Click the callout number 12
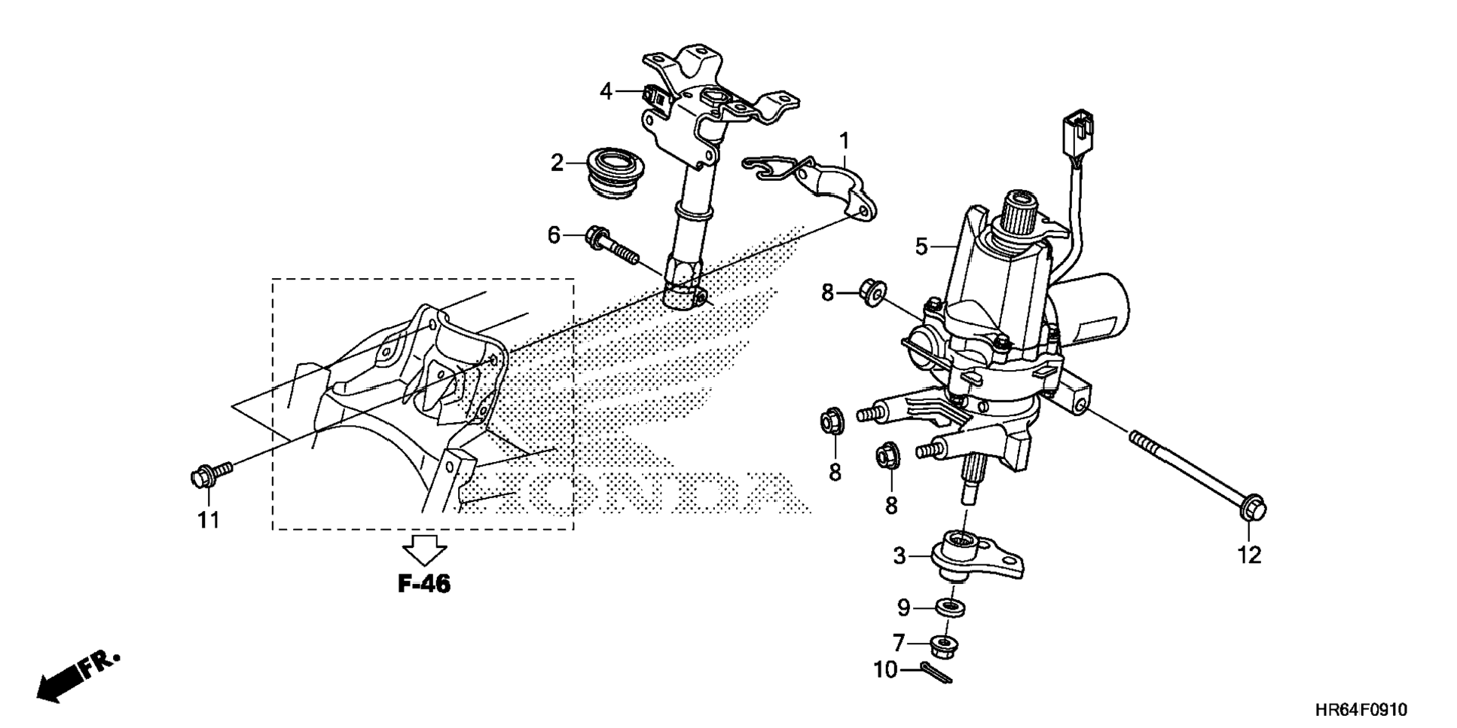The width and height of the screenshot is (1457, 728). click(1249, 555)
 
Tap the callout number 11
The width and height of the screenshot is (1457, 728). click(209, 520)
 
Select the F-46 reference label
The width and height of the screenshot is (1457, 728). click(423, 583)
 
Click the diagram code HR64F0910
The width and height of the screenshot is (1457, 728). click(1361, 710)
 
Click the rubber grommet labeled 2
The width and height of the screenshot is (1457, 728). click(614, 173)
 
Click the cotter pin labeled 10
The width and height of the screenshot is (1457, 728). click(936, 672)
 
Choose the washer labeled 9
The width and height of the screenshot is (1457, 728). click(951, 607)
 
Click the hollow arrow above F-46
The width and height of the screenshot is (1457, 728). click(424, 549)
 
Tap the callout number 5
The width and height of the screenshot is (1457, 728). click(921, 246)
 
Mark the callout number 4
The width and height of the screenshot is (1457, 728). click(607, 91)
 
